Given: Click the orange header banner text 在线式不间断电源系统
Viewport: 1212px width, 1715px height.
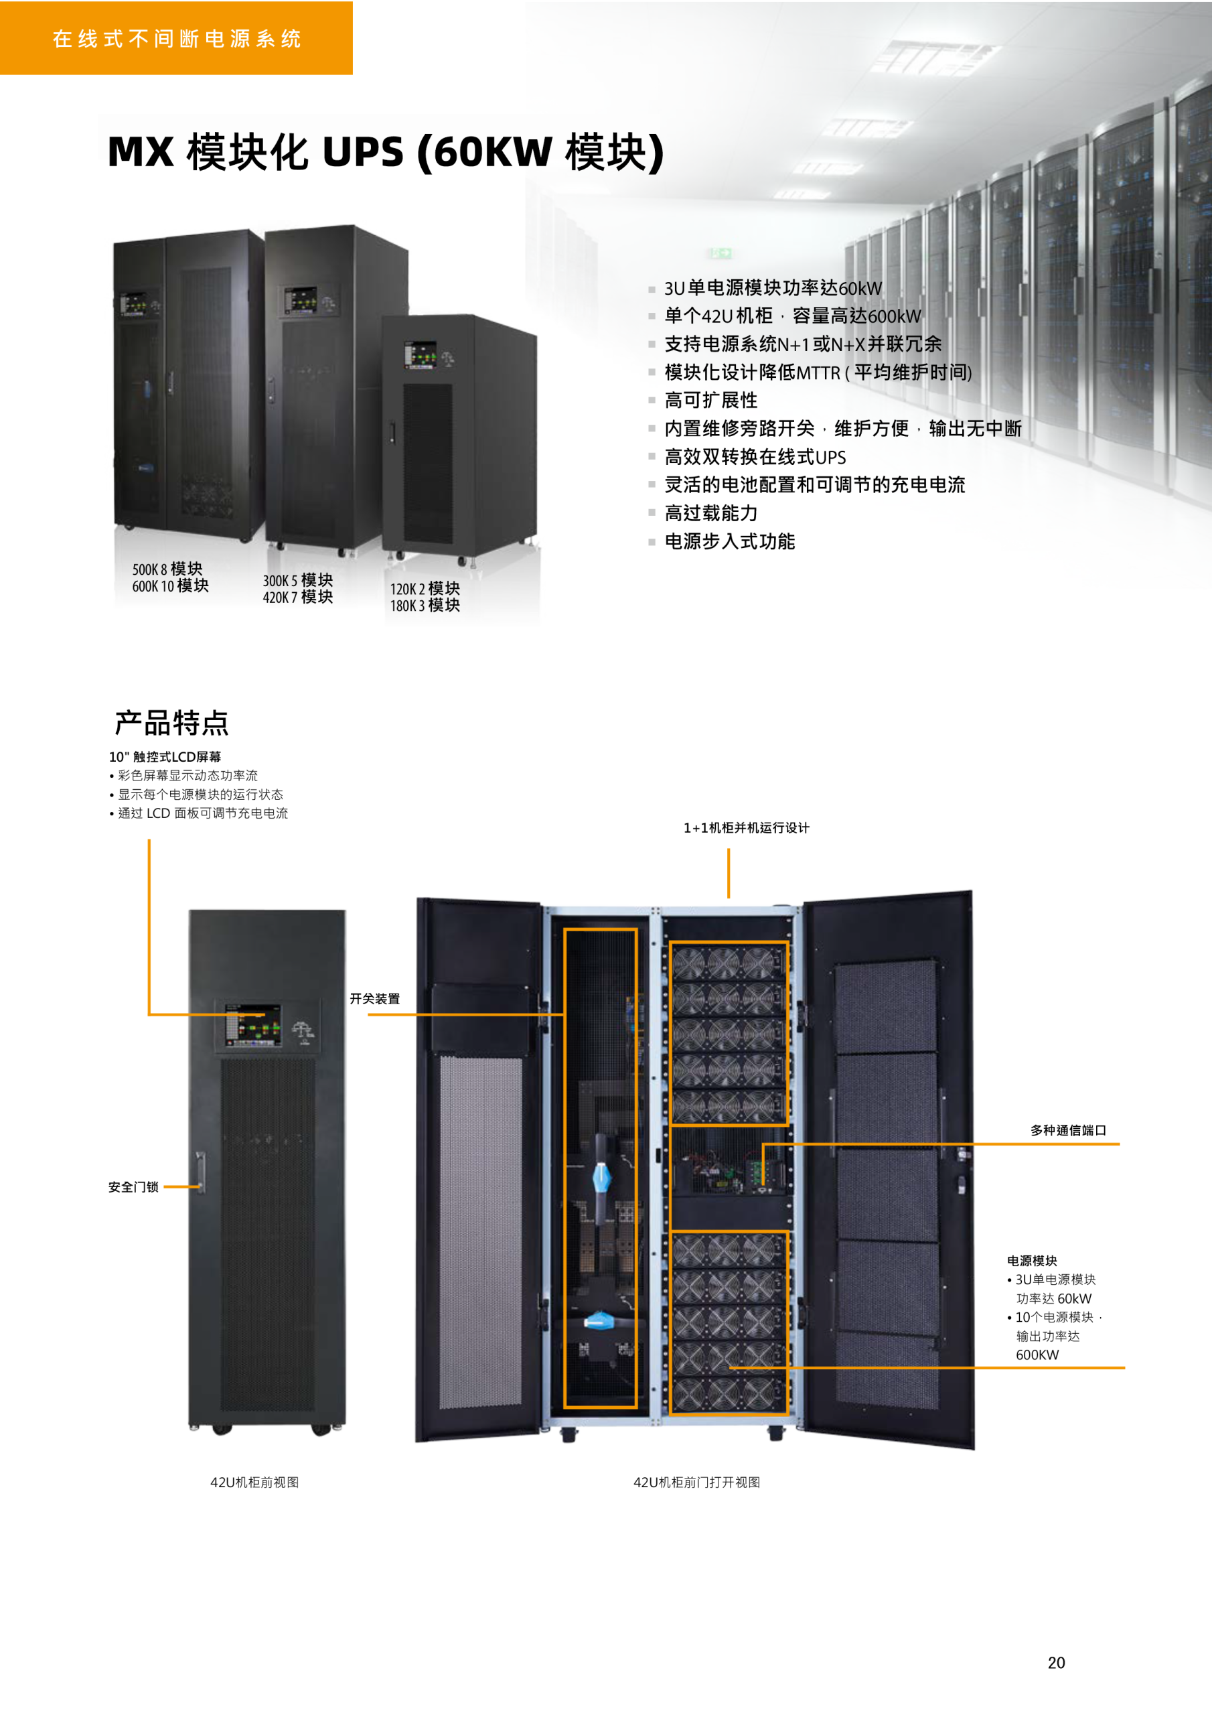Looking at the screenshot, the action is coord(177,39).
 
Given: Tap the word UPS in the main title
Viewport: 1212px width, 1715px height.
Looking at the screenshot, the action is coord(363,151).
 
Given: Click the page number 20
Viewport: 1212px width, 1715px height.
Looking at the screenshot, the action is coord(1056,1662).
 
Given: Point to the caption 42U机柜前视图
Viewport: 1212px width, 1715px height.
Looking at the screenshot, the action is coord(254,1482).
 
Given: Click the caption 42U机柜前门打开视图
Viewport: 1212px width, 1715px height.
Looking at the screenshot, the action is coord(696,1482).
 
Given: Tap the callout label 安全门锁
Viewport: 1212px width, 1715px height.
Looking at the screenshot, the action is coord(134,1187).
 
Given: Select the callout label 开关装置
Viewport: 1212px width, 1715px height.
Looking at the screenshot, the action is coord(375,999).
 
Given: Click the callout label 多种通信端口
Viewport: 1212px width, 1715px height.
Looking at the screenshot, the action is coord(1068,1130).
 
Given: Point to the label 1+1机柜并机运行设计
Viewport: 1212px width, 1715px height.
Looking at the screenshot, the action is coord(746,827).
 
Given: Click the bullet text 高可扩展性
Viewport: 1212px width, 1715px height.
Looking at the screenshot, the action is coord(711,401).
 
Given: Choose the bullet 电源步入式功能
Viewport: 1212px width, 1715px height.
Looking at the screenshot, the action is coord(730,541).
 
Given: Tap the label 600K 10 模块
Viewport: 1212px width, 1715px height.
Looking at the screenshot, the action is coord(170,586).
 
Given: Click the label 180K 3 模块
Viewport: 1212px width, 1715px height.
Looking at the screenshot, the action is coord(425,606).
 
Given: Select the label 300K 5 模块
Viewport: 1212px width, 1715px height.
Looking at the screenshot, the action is coord(298,580).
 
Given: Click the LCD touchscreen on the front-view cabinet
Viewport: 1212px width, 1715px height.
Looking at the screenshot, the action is coord(253,1024).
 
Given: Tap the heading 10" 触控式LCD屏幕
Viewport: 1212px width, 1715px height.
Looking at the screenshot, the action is coord(165,756).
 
